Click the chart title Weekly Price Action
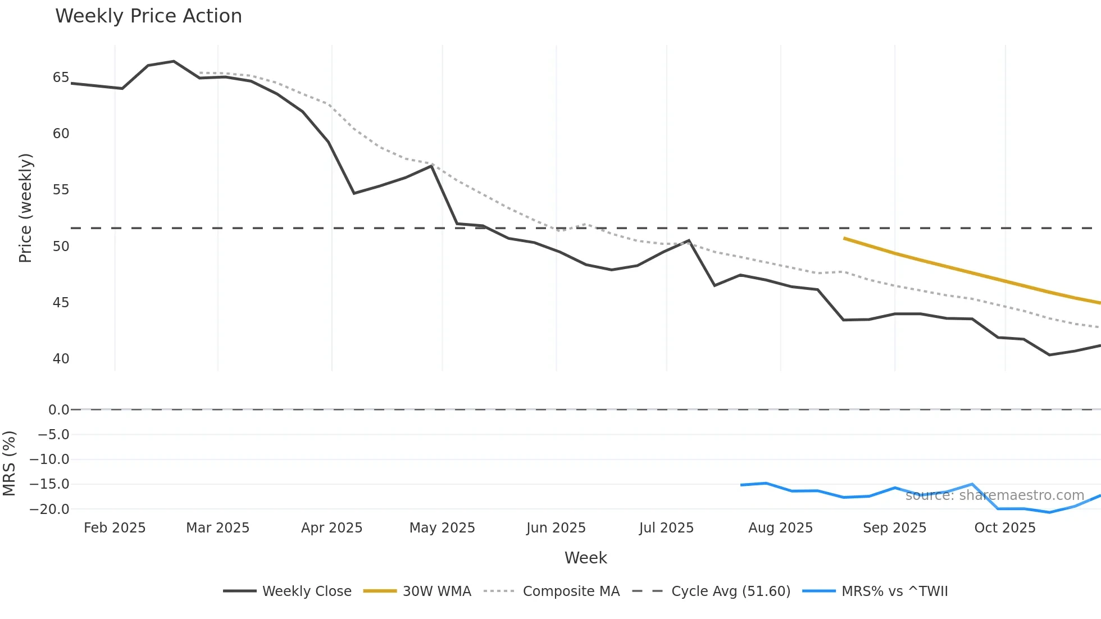click(x=148, y=16)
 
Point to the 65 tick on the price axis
click(x=61, y=78)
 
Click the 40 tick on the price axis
click(x=61, y=359)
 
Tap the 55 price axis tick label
click(x=61, y=190)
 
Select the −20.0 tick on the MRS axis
click(x=49, y=509)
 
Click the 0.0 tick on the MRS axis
click(x=58, y=410)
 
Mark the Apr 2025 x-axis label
click(x=331, y=528)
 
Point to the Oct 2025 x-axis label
click(x=1004, y=528)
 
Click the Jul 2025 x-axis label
click(x=666, y=528)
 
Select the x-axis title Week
click(x=585, y=558)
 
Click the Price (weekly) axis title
click(x=25, y=208)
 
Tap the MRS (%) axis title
click(x=9, y=463)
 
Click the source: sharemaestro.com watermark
click(x=994, y=495)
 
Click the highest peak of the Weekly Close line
click(x=174, y=61)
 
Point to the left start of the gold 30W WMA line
click(x=844, y=238)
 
